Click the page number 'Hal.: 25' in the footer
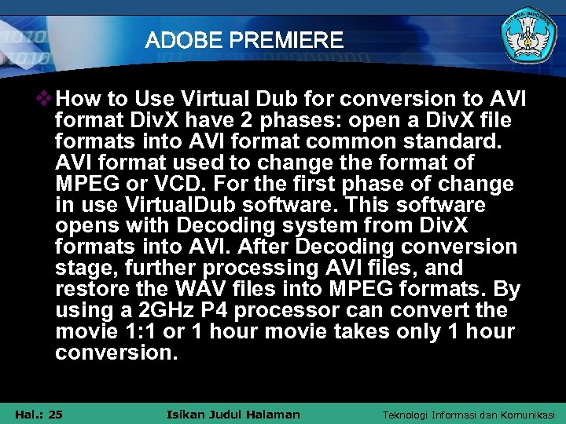(39, 414)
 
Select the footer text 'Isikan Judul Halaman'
(234, 414)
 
